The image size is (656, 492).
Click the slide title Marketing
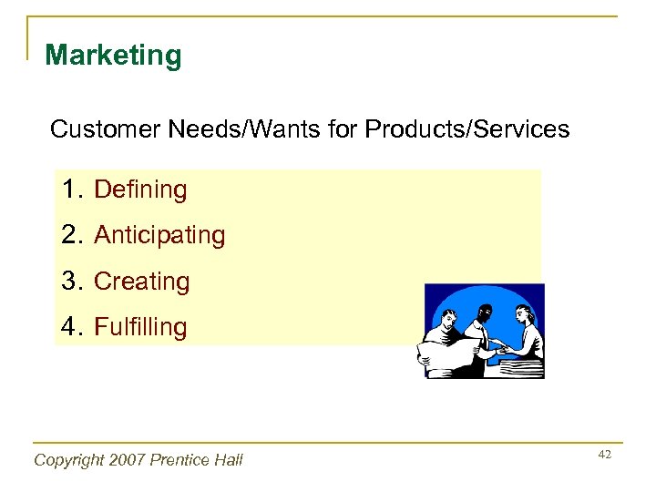(113, 56)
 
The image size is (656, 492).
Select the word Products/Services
(466, 129)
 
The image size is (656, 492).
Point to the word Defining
(140, 190)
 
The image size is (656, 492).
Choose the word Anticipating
(159, 235)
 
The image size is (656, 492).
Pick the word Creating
(142, 282)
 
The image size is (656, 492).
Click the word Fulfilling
(140, 327)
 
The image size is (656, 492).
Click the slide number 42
(604, 454)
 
